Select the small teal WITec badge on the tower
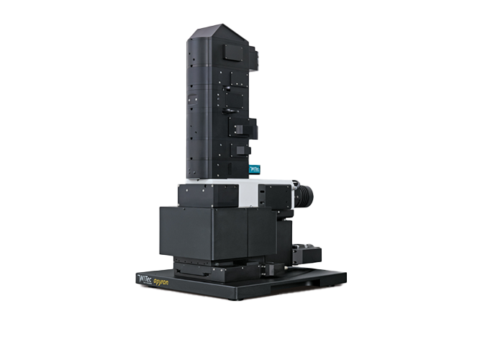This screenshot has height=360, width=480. point(254,169)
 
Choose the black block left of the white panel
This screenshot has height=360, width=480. point(208,195)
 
